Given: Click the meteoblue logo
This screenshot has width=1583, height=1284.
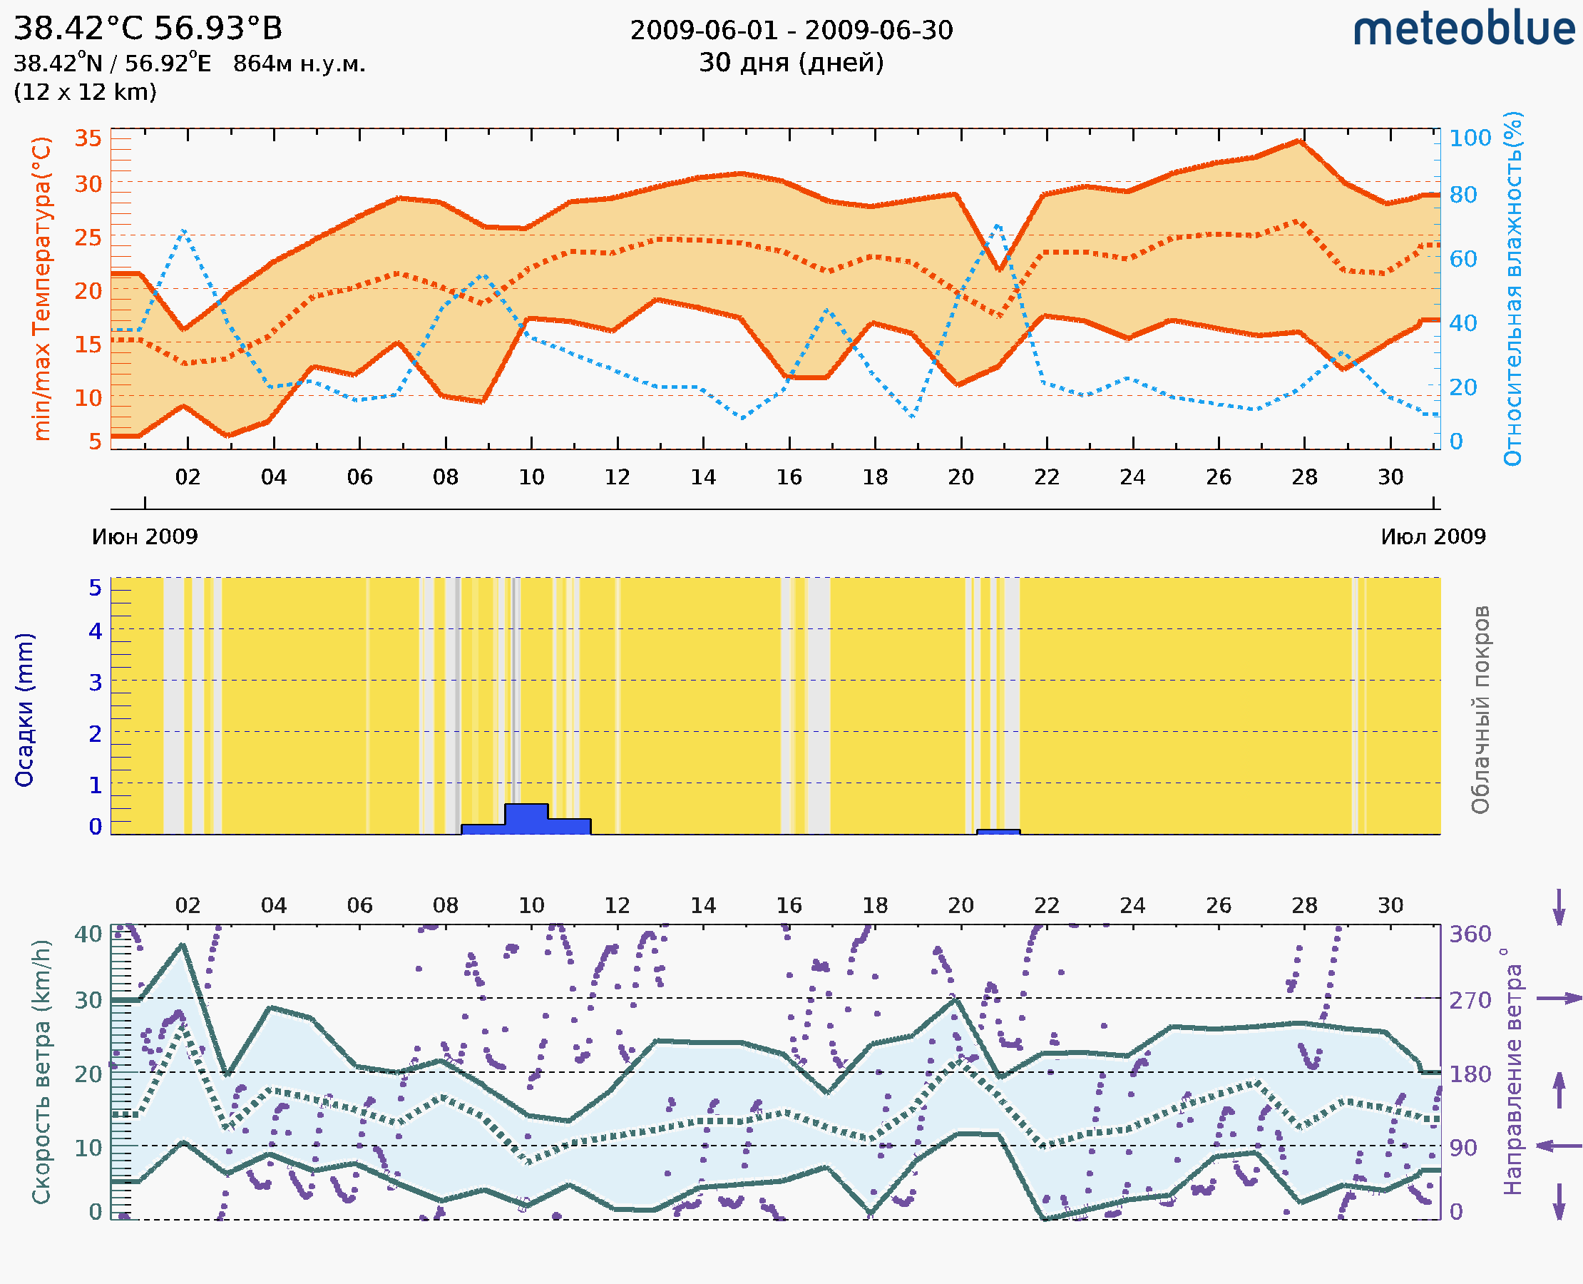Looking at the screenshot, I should pyautogui.click(x=1464, y=29).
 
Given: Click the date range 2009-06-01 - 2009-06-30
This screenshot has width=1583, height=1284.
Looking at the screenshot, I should pyautogui.click(x=791, y=31).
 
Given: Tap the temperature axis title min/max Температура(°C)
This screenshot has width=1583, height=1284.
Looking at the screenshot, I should pyautogui.click(x=42, y=288).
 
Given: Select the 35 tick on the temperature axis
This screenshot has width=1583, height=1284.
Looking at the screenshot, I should pyautogui.click(x=88, y=138).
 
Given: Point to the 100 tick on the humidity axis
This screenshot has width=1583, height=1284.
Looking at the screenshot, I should pyautogui.click(x=1470, y=138).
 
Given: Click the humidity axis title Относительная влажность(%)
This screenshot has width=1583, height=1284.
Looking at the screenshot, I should pyautogui.click(x=1512, y=288).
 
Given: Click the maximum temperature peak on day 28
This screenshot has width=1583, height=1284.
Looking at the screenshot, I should pyautogui.click(x=1298, y=141).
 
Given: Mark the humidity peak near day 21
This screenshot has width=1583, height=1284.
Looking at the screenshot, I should pyautogui.click(x=998, y=225).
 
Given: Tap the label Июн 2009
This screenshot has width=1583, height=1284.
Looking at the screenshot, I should pyautogui.click(x=145, y=536).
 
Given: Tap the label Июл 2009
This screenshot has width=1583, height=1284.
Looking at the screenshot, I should pyautogui.click(x=1433, y=536).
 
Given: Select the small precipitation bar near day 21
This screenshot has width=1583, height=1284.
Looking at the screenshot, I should pyautogui.click(x=998, y=832).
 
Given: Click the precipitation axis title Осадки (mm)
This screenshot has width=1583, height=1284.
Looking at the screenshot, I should pyautogui.click(x=24, y=710).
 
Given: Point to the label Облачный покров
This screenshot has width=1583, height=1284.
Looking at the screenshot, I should pyautogui.click(x=1480, y=710).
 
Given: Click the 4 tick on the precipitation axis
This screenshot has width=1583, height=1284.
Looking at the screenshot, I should pyautogui.click(x=96, y=631).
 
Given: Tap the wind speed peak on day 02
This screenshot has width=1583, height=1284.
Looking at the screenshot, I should pyautogui.click(x=183, y=944).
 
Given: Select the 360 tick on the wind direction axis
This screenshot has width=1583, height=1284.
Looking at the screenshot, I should pyautogui.click(x=1470, y=934).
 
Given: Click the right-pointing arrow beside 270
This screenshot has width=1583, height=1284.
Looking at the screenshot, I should pyautogui.click(x=1559, y=999).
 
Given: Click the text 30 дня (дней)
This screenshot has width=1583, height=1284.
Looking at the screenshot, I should pyautogui.click(x=791, y=63).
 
